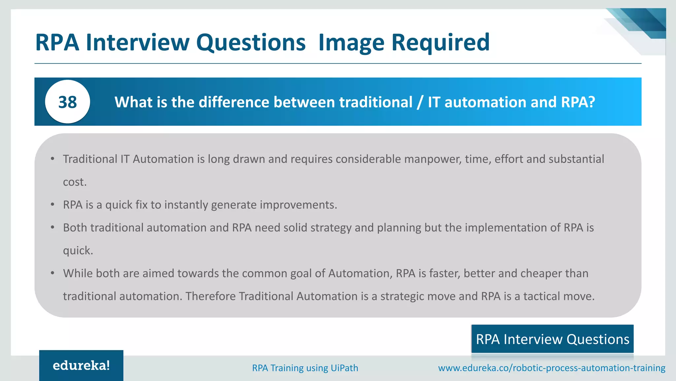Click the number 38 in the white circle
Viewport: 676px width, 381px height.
(67, 102)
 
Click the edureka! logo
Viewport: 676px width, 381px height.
(81, 365)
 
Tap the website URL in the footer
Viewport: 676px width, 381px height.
(552, 368)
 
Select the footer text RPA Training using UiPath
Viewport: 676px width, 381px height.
(305, 368)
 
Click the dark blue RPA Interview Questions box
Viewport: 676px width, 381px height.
(552, 339)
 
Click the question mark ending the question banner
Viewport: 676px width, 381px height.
(591, 102)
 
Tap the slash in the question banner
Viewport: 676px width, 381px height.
(420, 102)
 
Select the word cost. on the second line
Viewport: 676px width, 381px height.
(75, 182)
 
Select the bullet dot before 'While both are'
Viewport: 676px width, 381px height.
(52, 273)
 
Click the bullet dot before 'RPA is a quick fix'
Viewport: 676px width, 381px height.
(52, 205)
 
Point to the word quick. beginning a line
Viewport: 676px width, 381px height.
(78, 251)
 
